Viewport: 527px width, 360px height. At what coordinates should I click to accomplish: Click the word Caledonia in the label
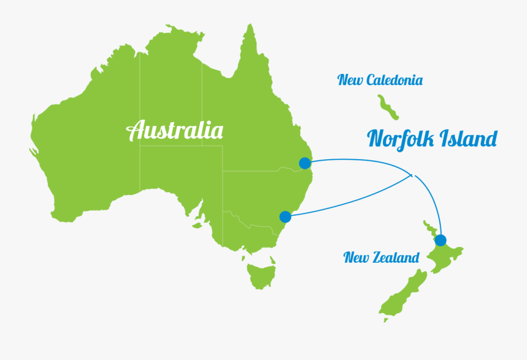click(394, 80)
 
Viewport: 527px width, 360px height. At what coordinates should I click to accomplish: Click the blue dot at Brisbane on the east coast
click(304, 163)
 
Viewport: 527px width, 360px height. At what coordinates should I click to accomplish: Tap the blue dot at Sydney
click(285, 217)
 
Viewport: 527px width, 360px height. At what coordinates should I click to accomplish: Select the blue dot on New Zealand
click(440, 240)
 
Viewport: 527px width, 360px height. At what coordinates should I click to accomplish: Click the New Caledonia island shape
click(388, 107)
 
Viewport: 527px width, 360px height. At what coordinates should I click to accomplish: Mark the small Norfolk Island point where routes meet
click(412, 175)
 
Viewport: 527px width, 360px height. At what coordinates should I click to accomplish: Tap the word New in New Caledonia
click(350, 80)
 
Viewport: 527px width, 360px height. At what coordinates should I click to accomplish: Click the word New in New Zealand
click(356, 258)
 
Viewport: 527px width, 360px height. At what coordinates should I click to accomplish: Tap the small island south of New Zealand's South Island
click(386, 320)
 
